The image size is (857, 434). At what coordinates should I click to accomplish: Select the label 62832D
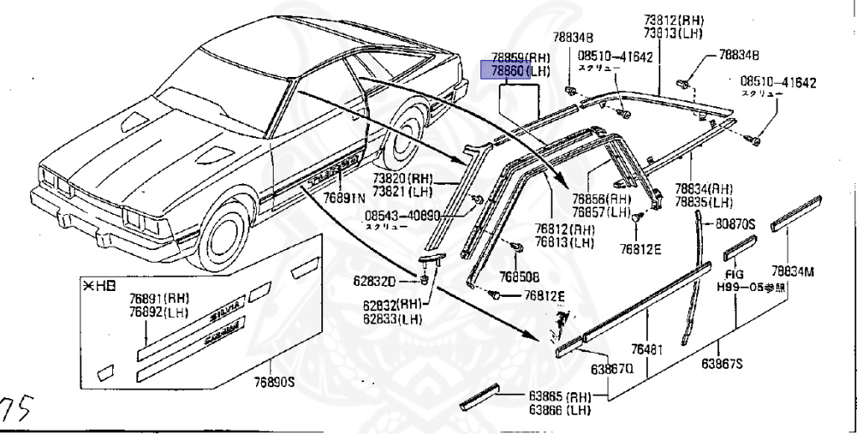[396, 281]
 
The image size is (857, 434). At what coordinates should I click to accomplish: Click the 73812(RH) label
[673, 20]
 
